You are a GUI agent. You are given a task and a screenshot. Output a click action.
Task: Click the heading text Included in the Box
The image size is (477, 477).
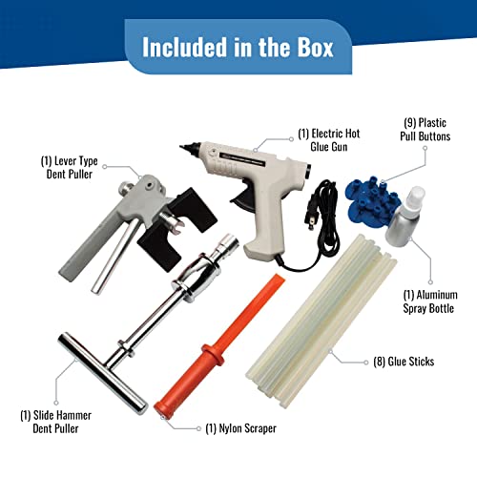click(x=238, y=47)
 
